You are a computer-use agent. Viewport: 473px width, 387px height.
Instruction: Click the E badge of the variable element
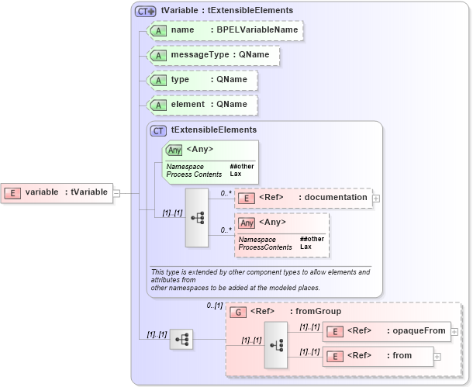pos(13,192)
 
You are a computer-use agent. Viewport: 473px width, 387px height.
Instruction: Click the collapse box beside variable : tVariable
pos(116,192)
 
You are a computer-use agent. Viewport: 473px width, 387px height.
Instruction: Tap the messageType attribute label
pos(200,55)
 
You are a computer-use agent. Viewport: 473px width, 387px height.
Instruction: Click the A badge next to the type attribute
pos(158,80)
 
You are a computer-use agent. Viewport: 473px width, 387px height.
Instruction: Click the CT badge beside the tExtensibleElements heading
pos(158,130)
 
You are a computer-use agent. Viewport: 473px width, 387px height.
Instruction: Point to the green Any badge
pos(174,150)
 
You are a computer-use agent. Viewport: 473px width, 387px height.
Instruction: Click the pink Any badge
pos(247,223)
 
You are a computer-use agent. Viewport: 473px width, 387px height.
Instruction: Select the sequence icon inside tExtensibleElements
pos(196,218)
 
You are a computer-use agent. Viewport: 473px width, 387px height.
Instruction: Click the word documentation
pos(335,197)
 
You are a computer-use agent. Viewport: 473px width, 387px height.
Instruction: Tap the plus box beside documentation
pos(376,198)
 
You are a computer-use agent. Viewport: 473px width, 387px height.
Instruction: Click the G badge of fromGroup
pos(240,312)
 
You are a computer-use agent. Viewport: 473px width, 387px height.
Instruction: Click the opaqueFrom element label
pos(419,330)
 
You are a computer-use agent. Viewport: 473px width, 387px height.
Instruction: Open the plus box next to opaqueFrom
pos(454,331)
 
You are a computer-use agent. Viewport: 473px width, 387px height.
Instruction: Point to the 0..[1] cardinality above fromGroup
pos(214,306)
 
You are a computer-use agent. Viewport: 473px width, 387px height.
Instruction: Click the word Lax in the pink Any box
pos(306,247)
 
